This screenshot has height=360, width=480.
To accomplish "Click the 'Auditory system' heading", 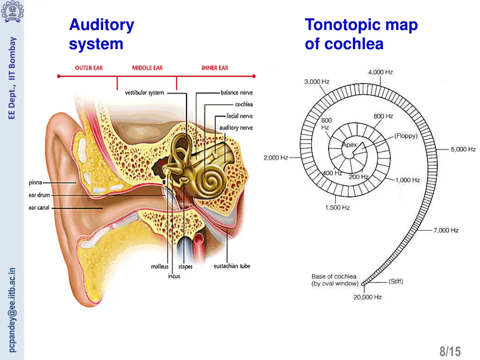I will tap(101, 34).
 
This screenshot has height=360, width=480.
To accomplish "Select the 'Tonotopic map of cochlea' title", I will tap(361, 34).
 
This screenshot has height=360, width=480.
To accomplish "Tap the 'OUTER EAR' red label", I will tap(89, 68).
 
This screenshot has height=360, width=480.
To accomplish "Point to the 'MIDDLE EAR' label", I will tap(147, 68).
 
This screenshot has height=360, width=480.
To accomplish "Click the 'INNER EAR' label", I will tap(215, 68).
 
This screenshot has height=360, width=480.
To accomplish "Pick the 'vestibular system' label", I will tap(144, 93).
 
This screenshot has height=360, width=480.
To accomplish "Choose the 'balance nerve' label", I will tap(236, 93).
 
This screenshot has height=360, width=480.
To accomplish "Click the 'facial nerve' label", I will tap(239, 116).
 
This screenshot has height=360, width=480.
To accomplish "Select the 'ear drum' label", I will tap(39, 195).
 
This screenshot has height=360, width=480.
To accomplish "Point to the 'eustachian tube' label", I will tap(232, 266).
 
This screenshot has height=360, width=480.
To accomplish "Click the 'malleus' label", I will tap(159, 267).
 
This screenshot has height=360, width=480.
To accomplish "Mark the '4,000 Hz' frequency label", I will tap(380, 72).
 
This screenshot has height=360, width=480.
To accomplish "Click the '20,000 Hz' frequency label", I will tap(367, 297).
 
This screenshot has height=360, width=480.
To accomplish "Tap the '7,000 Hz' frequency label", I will tap(446, 230).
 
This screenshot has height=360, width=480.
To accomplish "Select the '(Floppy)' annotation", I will tap(405, 136).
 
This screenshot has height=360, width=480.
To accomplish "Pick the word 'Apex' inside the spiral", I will tap(349, 145).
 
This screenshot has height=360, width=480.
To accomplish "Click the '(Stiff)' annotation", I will tap(396, 282).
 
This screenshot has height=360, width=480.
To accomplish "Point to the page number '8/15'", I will tap(450, 351).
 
